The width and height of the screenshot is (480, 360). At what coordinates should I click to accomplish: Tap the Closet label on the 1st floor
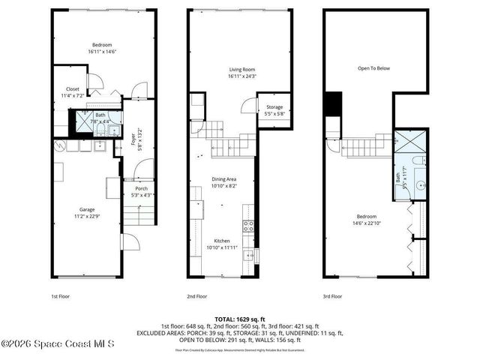pos(73,92)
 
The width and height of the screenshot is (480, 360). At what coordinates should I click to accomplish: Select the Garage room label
pos(88,213)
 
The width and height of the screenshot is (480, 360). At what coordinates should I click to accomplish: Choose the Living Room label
pos(243,73)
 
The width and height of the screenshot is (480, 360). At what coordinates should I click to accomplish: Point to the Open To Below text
pos(373,68)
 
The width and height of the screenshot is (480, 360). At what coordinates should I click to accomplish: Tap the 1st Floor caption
pos(61,296)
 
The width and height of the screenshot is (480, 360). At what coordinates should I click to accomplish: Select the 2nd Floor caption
pos(197,296)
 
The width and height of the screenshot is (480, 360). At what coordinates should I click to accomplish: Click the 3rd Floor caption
pos(333,296)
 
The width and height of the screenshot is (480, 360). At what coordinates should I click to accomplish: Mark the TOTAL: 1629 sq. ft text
pos(239,319)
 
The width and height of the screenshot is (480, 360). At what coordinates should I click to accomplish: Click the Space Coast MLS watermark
pos(58,344)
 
